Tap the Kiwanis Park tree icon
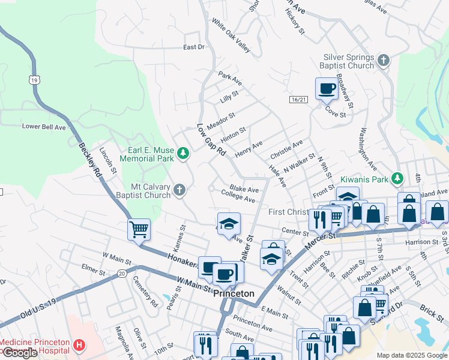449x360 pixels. [396, 178]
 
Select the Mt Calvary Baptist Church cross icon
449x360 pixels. [179, 191]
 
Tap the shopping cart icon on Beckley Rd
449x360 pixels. [139, 229]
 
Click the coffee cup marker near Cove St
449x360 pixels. [327, 89]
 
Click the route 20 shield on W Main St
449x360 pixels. [122, 273]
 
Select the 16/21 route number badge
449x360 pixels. [298, 100]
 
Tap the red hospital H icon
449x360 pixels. [79, 345]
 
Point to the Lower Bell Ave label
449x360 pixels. [44, 127]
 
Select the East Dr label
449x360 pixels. [194, 47]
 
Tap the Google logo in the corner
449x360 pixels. [19, 353]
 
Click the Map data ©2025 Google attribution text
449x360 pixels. [411, 355]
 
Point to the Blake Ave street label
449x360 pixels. [244, 188]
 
